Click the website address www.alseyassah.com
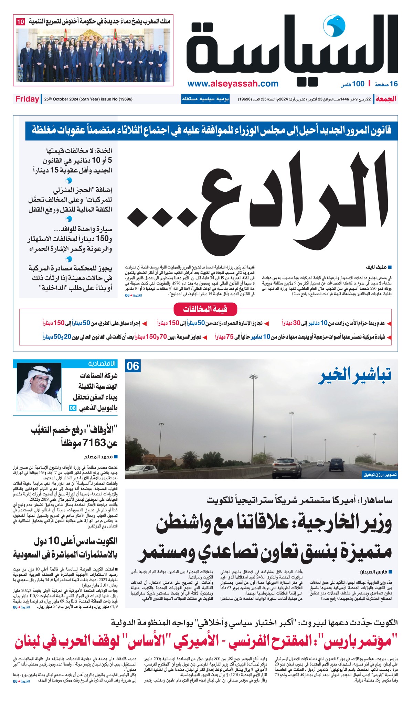click(233, 84)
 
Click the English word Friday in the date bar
click(27, 99)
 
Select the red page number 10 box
click(20, 22)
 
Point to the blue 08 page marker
click(73, 408)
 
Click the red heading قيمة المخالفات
click(205, 309)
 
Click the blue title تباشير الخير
click(354, 376)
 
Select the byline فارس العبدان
click(374, 572)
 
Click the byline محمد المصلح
click(99, 457)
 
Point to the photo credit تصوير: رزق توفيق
click(380, 475)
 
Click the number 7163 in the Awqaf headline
click(93, 443)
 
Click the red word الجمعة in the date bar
click(386, 99)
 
